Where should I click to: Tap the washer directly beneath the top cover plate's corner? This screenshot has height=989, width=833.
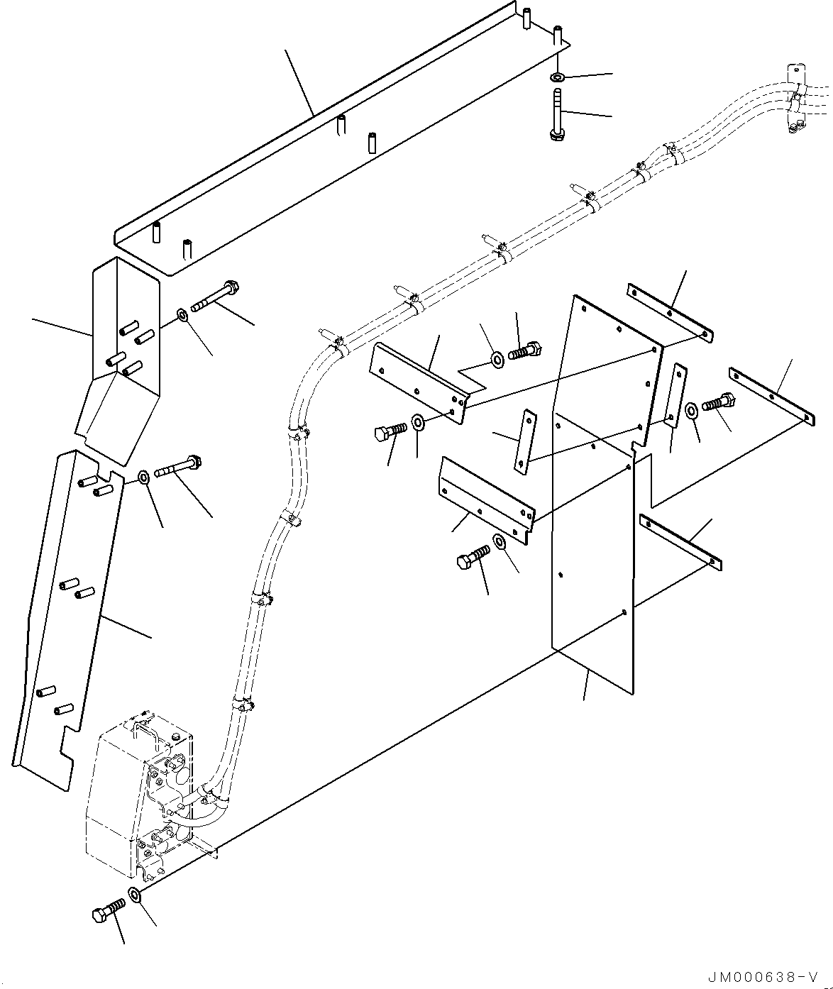click(558, 76)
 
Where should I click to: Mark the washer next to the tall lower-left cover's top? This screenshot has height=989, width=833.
click(143, 476)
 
